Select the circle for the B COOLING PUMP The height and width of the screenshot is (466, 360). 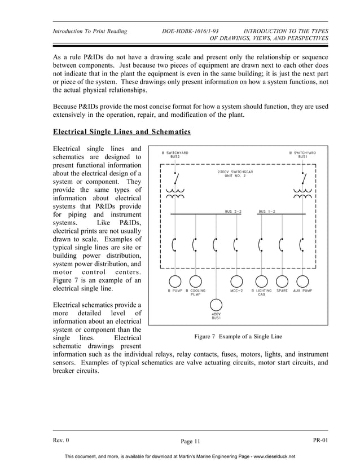195,281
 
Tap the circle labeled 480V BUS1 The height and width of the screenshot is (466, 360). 216,305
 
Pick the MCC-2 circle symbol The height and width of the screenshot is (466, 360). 236,281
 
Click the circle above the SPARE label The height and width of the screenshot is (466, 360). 282,281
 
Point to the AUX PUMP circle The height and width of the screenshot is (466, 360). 303,281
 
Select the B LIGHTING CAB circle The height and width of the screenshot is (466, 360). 261,281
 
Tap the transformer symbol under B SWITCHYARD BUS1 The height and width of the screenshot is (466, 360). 303,194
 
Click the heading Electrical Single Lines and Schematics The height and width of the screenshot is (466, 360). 121,133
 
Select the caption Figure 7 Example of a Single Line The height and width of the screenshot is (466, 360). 238,337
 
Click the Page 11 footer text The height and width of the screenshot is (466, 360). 190,441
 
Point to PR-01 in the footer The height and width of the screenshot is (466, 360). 320,440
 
